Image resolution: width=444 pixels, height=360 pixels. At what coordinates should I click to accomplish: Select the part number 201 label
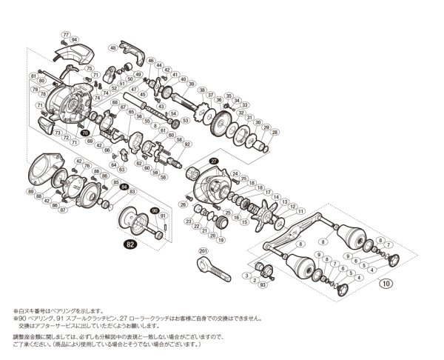click(203, 251)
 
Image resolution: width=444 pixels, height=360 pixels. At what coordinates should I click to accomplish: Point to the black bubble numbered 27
click(213, 160)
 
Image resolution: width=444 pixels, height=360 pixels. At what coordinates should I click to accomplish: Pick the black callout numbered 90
click(154, 210)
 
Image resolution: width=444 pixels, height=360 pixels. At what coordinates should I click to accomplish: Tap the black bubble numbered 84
click(124, 187)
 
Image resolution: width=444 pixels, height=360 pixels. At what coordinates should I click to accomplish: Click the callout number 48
click(113, 47)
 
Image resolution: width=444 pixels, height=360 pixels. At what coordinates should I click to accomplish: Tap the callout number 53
click(185, 120)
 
